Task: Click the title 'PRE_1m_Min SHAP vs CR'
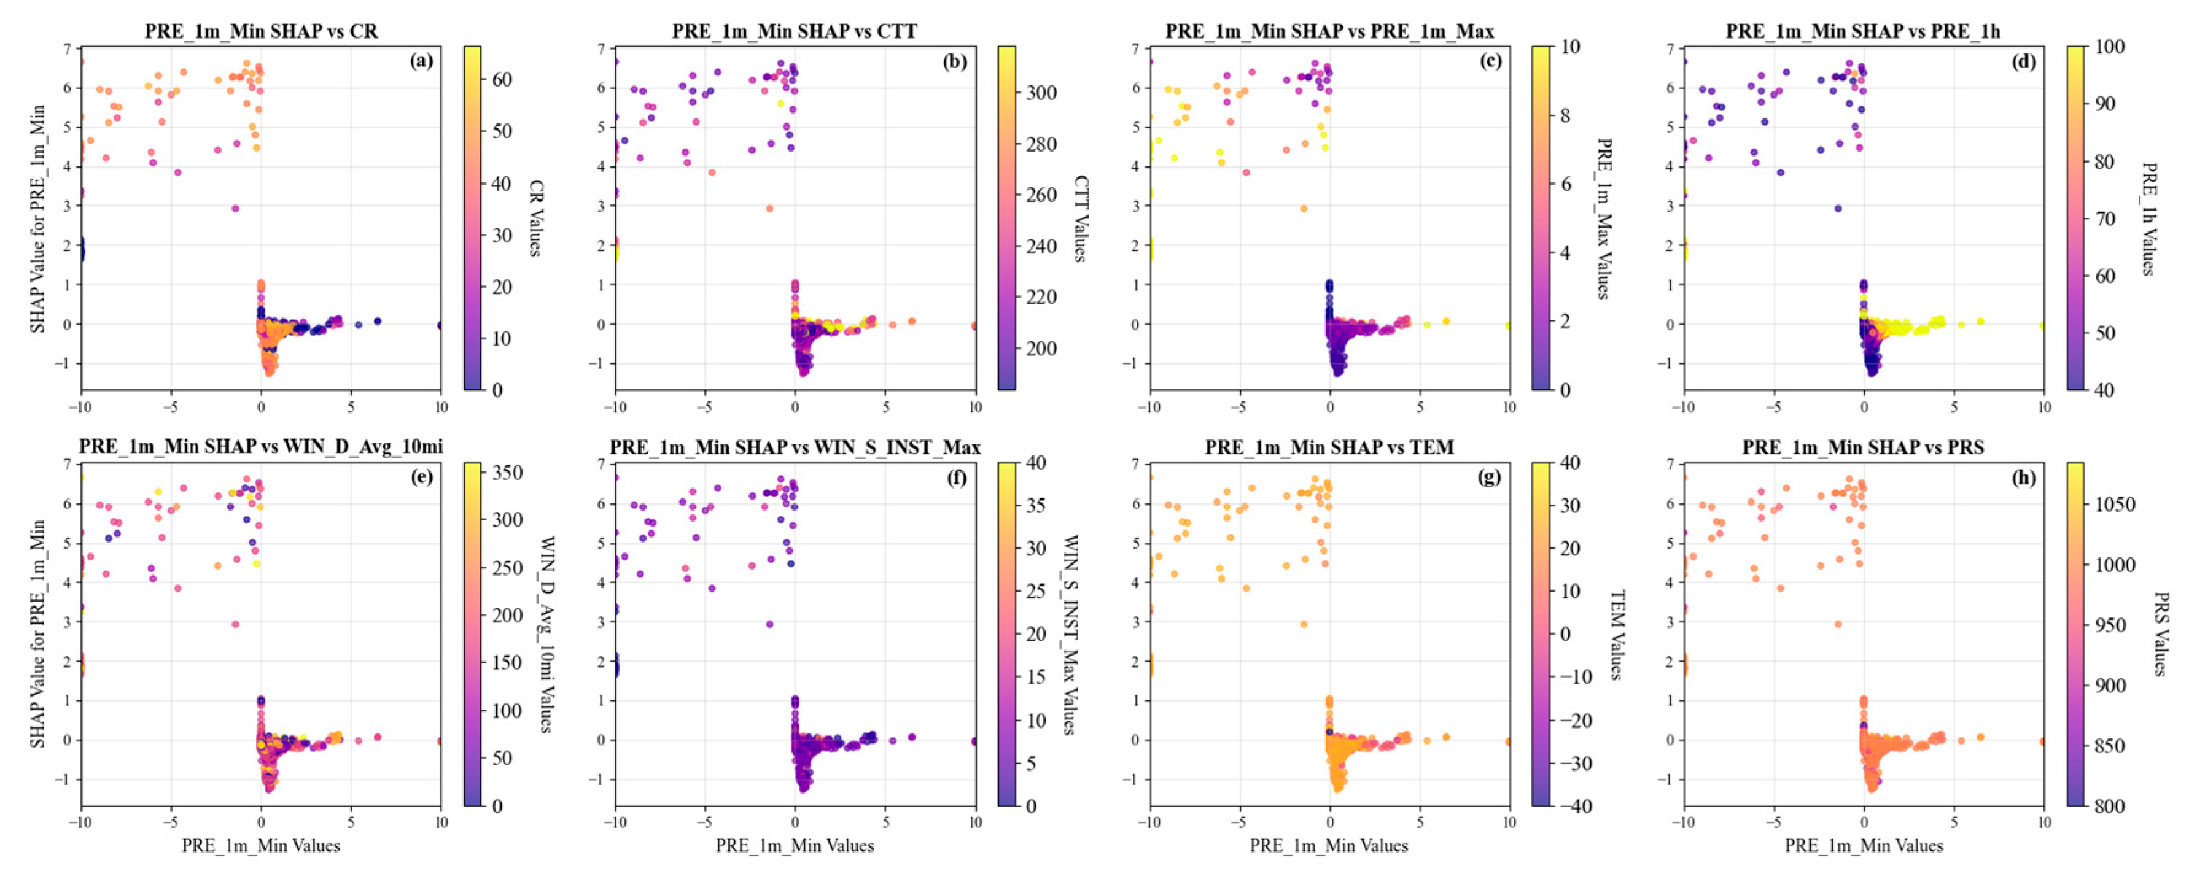261,31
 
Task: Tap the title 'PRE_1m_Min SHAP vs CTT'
795,31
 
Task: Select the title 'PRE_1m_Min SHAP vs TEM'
1329,447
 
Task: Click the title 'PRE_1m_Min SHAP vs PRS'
1863,447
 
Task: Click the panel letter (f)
956,477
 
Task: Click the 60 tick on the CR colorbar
502,79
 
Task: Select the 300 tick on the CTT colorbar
1041,93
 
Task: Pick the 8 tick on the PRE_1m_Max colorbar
1565,115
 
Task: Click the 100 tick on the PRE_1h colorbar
2109,47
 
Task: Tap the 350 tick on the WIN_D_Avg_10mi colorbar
507,473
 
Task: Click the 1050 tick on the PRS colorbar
2113,505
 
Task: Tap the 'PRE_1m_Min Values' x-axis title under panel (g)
1329,845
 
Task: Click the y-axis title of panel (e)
37,634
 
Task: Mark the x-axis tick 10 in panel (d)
2043,407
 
